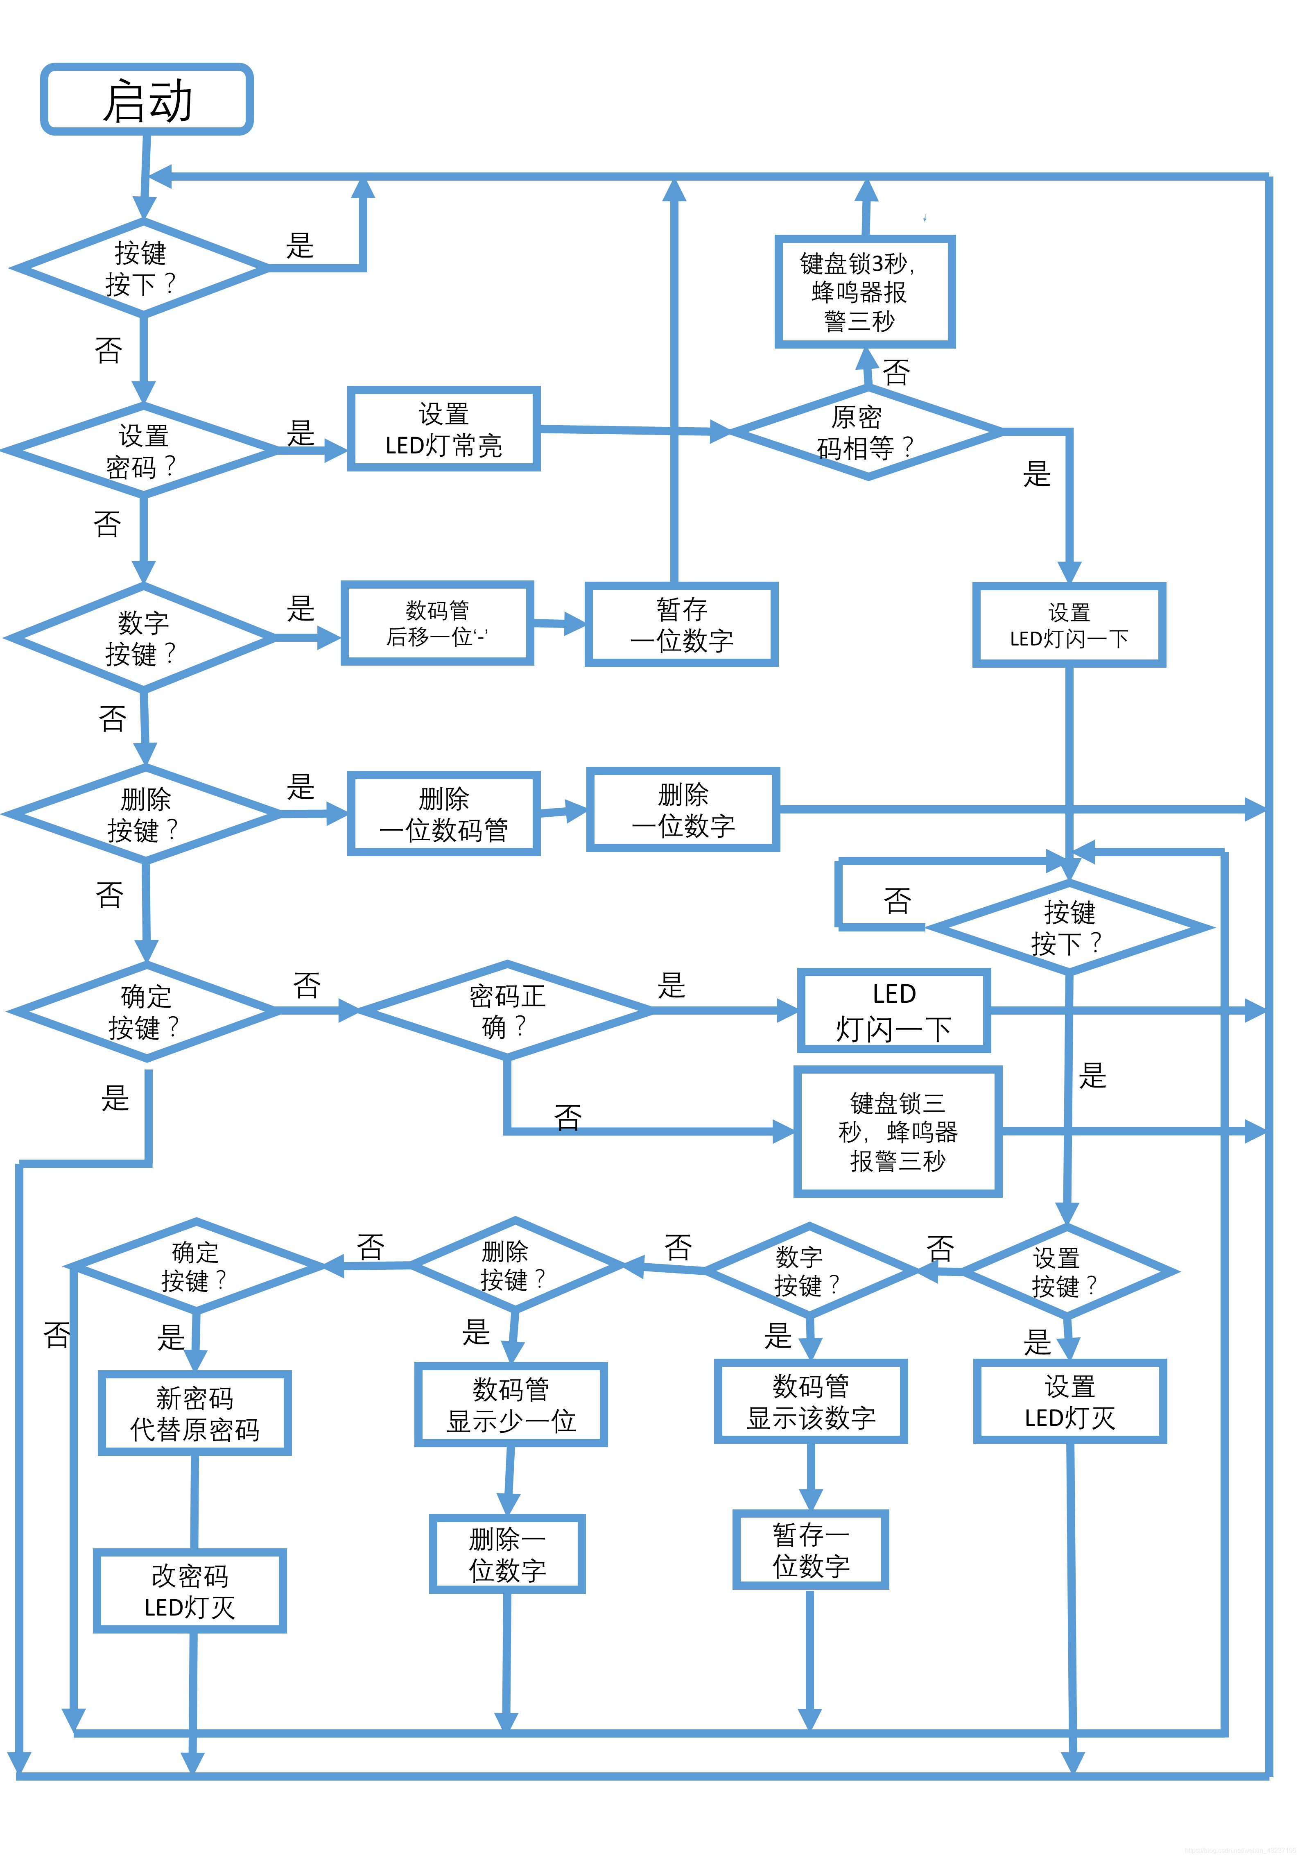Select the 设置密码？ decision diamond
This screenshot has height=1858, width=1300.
click(142, 450)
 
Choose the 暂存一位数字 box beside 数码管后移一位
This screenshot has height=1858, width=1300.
click(681, 624)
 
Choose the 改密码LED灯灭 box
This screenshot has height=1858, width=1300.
click(190, 1591)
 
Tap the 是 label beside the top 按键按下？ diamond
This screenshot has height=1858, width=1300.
click(299, 245)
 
